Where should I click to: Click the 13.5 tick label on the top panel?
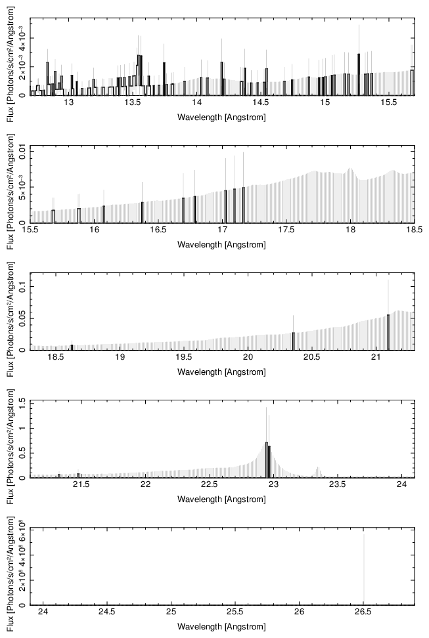coord(133,102)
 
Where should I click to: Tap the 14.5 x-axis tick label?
coord(261,102)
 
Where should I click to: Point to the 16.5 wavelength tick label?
coord(158,230)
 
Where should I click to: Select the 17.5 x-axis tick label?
coord(286,230)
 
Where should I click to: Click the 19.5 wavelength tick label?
coord(184,357)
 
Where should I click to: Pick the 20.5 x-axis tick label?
coord(311,357)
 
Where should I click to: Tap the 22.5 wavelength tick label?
coord(210,484)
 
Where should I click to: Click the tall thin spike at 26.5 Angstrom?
coord(364,569)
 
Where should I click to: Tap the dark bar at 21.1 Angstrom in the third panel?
coord(388,332)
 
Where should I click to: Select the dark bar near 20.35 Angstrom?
coord(293,341)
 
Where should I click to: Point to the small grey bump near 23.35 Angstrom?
coord(318,472)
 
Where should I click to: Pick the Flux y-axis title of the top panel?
coord(11,64)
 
